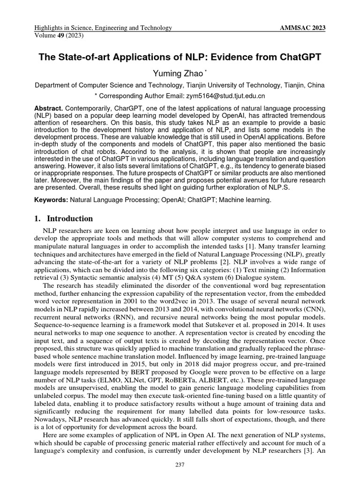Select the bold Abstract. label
(x=49, y=108)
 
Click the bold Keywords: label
(x=52, y=200)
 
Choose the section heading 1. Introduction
(x=64, y=219)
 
